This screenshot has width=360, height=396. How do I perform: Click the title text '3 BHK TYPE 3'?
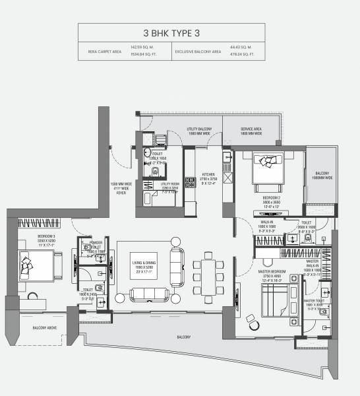tap(179, 33)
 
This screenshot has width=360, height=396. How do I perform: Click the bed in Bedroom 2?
tap(268, 164)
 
